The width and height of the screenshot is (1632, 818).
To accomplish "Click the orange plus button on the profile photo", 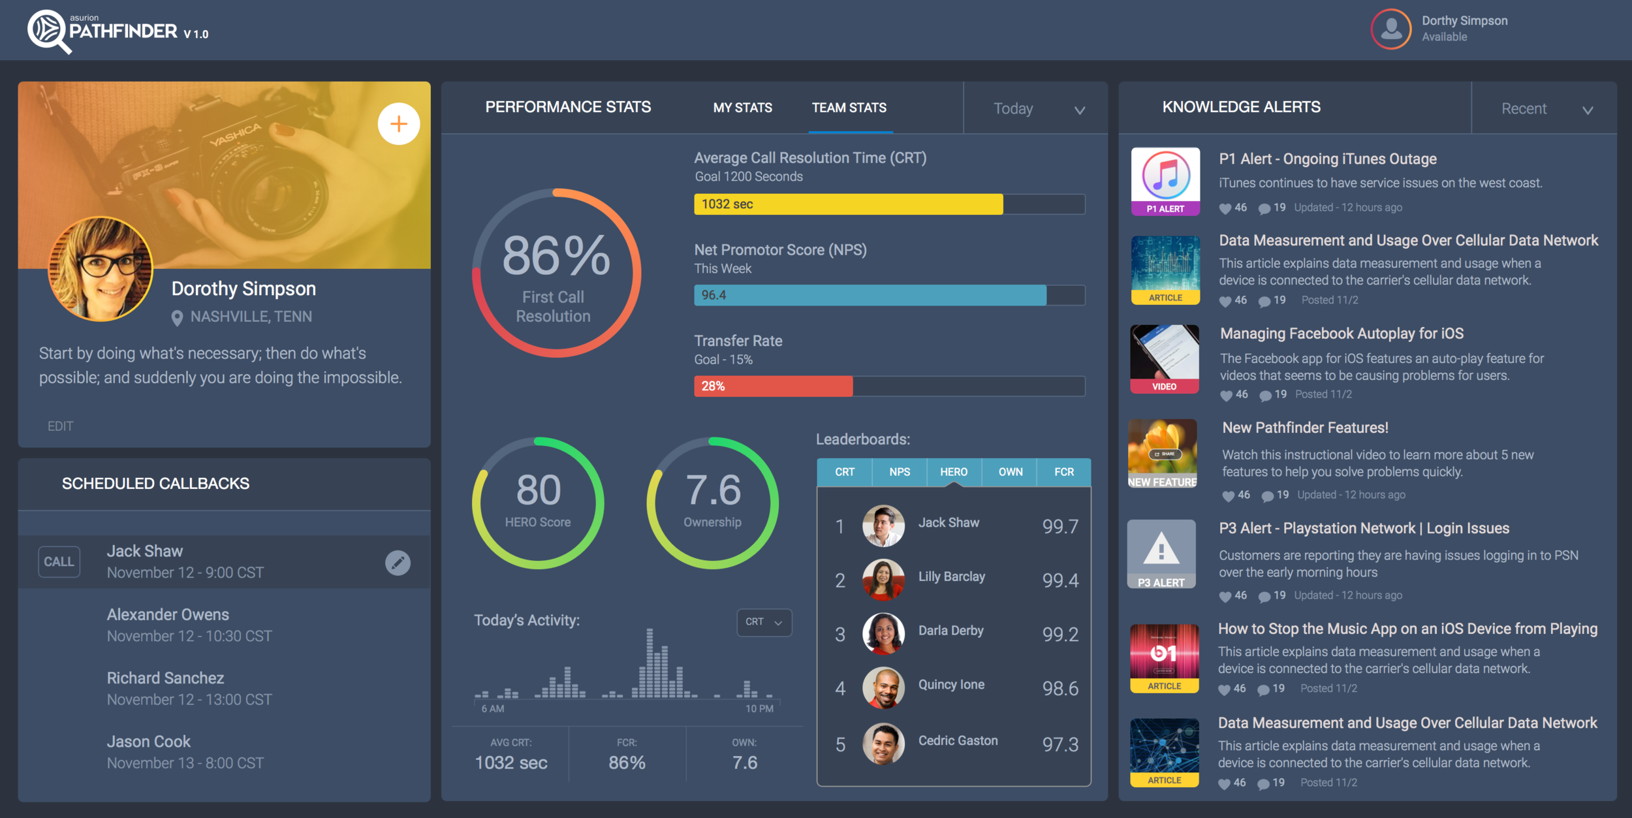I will [x=398, y=124].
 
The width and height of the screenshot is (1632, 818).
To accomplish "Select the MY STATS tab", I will [x=742, y=108].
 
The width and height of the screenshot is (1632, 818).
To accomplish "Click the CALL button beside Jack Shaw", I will [x=59, y=562].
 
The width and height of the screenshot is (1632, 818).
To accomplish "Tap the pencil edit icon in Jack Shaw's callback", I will [x=398, y=563].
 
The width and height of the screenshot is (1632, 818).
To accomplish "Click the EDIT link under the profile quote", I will [x=60, y=426].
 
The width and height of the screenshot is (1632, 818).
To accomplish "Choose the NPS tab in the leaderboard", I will [x=899, y=472].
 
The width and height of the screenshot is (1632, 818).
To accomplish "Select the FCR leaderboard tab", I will [x=1063, y=472].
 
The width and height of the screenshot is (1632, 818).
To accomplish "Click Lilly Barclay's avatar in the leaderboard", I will [x=883, y=580].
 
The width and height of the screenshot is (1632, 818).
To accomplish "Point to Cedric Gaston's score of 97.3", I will [x=1059, y=745].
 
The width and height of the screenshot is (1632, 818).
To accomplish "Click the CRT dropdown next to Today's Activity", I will [x=764, y=622].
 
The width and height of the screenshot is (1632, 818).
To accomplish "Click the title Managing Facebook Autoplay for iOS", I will [x=1342, y=334].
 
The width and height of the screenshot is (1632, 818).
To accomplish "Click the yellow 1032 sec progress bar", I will [x=848, y=204].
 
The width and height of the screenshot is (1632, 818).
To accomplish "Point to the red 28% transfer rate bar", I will [x=773, y=386].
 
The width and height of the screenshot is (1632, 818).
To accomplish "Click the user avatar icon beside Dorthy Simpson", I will [x=1391, y=29].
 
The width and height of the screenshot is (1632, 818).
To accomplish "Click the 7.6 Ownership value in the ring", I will [x=713, y=490].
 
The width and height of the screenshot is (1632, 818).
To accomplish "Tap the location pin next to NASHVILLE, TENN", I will [x=177, y=318].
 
